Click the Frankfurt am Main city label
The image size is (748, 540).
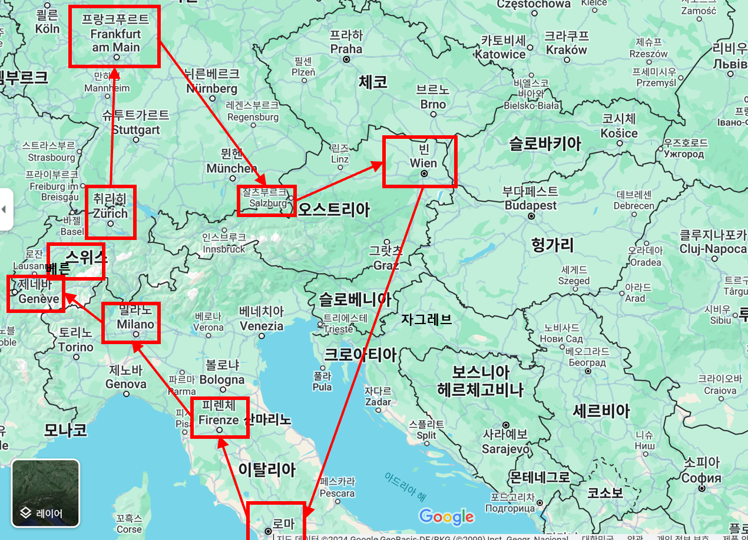[x=115, y=41]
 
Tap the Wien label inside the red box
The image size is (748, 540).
[x=423, y=163]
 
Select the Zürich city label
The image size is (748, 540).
[x=110, y=213]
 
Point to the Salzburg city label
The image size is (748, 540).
[x=268, y=203]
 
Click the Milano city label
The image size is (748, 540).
[x=135, y=324]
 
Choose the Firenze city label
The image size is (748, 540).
[x=219, y=420]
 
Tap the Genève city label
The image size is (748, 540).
[x=39, y=298]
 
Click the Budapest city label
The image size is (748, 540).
[x=530, y=205]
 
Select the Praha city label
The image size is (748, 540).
[x=346, y=48]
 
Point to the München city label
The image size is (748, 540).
[x=231, y=168]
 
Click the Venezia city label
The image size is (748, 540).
[x=262, y=325]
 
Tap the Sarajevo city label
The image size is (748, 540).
[x=505, y=449]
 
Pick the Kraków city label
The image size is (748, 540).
[x=567, y=50]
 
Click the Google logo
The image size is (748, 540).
[x=446, y=516]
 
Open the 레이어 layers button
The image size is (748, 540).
[x=45, y=493]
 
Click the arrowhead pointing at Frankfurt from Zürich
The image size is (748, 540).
[x=115, y=73]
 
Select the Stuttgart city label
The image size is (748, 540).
[x=136, y=129]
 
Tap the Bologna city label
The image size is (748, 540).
[x=221, y=379]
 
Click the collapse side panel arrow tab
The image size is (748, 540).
[x=5, y=209]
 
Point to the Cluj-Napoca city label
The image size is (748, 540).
[x=713, y=249]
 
